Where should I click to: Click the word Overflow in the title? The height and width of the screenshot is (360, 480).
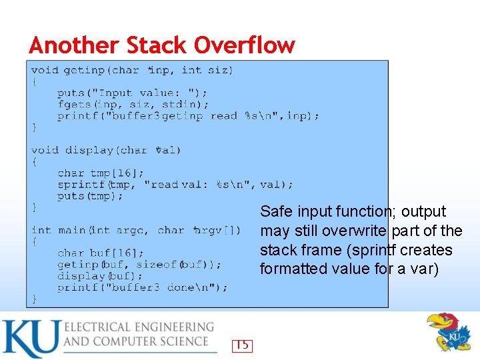point(244,45)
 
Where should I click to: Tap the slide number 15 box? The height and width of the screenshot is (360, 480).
point(242,345)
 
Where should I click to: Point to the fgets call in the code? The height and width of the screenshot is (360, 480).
point(75,105)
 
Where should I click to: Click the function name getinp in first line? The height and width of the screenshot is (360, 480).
point(85,70)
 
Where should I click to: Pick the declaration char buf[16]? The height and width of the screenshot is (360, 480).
point(100,253)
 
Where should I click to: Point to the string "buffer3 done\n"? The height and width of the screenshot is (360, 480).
point(170,287)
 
